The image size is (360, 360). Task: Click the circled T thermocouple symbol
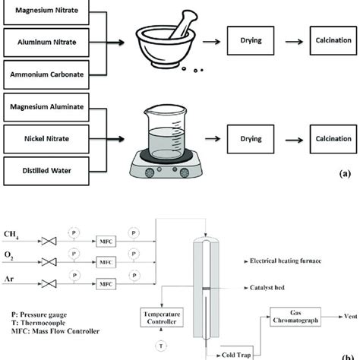159,346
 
